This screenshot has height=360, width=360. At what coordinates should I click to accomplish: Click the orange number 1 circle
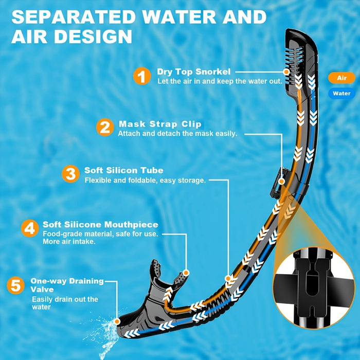pos(142,77)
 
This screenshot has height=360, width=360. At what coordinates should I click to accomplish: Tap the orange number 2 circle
pos(105,127)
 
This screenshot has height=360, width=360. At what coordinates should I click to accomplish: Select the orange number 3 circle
pos(70,173)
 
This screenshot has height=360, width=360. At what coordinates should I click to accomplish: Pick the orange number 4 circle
pos(30,228)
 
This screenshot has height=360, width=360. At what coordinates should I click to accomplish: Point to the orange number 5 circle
pos(17,286)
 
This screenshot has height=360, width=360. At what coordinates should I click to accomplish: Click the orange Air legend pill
pos(341,78)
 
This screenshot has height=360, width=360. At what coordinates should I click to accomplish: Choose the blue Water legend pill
pos(341,93)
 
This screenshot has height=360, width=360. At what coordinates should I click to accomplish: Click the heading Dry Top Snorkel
pos(194,71)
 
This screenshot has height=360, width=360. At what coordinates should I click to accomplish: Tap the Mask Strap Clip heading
pos(160,124)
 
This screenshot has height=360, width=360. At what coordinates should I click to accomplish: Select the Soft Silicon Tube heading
pos(124,170)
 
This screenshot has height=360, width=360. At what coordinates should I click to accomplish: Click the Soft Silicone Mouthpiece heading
pos(100,225)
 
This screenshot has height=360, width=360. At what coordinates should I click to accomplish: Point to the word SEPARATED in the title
pos(73,17)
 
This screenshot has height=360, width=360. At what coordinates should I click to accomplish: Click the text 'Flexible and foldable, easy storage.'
pos(145,181)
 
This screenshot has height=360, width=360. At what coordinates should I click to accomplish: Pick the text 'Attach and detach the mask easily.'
pos(177,134)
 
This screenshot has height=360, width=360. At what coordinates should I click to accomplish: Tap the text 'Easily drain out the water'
pos(65,303)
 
